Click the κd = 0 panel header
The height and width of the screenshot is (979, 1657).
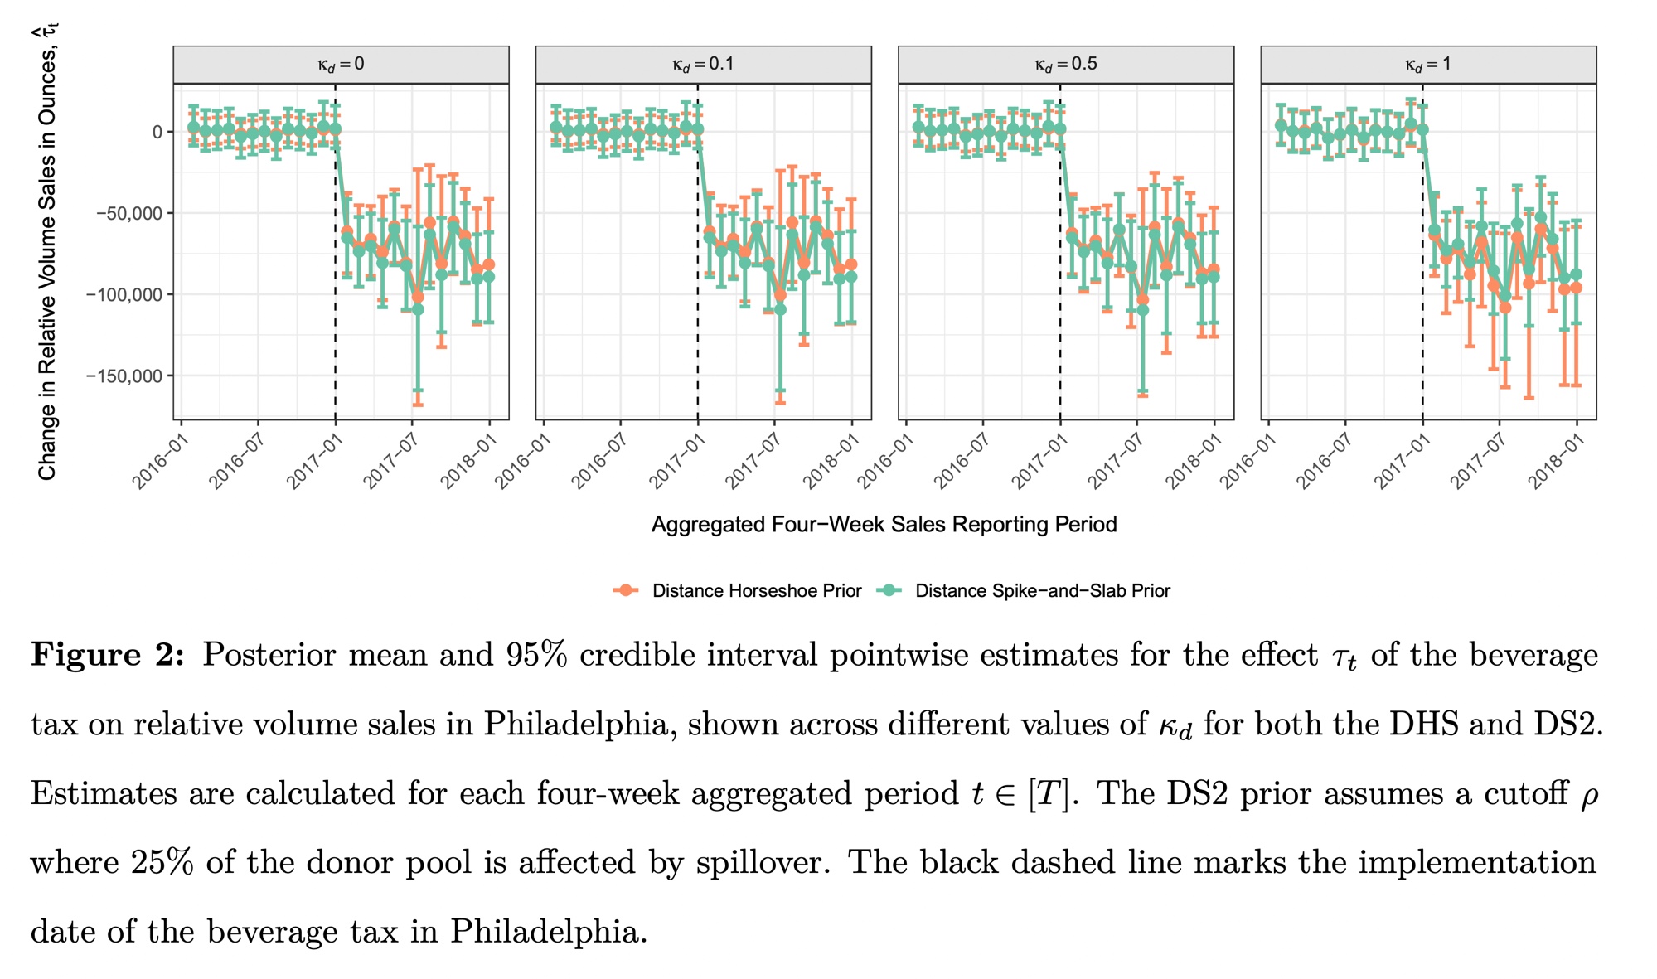[x=341, y=65]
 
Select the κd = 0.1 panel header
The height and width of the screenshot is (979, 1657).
[x=703, y=65]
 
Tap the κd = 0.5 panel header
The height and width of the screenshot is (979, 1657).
[x=1066, y=65]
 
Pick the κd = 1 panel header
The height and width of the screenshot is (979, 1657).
[x=1428, y=65]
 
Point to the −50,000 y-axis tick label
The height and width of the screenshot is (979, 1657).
[x=129, y=213]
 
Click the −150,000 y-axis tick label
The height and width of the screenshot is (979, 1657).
[x=124, y=376]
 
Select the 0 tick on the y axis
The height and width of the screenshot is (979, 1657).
[x=157, y=132]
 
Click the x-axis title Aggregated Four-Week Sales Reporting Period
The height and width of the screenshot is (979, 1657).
[x=884, y=525]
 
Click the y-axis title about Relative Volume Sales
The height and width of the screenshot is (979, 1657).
[x=47, y=253]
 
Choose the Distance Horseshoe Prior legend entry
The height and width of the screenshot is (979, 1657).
[x=756, y=591]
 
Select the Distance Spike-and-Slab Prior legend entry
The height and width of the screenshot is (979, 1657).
[x=1042, y=591]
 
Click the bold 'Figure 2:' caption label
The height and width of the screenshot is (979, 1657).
[x=108, y=655]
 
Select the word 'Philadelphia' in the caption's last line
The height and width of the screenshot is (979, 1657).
[x=548, y=932]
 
